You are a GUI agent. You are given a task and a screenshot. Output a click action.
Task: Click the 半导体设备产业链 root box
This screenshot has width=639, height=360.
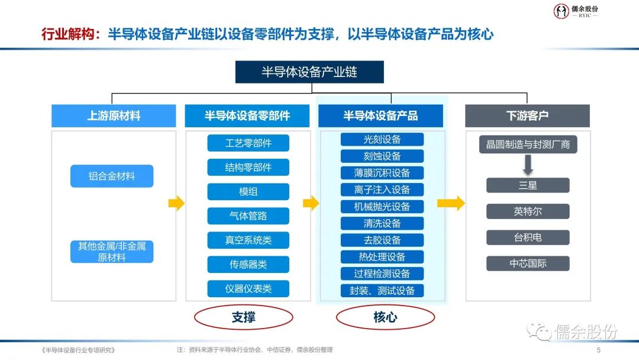[x=309, y=72]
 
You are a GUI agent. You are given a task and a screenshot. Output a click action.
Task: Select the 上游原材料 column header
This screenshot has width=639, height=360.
[x=114, y=116]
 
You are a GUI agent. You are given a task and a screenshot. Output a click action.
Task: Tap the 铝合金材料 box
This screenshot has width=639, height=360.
[x=112, y=176]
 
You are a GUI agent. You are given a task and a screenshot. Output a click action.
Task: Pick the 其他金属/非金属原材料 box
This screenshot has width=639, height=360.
[x=112, y=252]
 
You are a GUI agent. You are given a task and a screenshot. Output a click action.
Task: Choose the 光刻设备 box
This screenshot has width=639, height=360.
[x=382, y=140]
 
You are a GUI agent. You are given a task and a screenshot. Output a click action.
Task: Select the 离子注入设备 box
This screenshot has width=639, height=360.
[x=382, y=190]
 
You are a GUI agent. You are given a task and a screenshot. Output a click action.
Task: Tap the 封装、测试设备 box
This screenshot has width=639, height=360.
[x=382, y=291]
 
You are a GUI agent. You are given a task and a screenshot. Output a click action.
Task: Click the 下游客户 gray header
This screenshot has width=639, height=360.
[x=527, y=116]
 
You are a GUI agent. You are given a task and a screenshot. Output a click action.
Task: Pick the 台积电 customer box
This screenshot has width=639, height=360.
[x=528, y=237]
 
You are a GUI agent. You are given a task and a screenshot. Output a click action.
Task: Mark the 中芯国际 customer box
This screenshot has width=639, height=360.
[x=528, y=263]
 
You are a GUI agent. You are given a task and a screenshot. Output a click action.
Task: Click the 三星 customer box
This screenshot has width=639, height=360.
[x=528, y=185]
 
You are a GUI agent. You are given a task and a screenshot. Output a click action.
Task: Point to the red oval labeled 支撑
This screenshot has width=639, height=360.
[x=244, y=318]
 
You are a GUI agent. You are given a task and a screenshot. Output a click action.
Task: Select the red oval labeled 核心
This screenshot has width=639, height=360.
[x=385, y=318]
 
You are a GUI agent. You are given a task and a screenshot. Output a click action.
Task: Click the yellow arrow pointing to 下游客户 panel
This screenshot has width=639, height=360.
[x=451, y=203]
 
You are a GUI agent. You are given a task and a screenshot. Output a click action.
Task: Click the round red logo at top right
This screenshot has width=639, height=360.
[x=561, y=11]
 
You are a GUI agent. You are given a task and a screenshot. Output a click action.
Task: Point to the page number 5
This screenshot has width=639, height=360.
[x=598, y=350]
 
